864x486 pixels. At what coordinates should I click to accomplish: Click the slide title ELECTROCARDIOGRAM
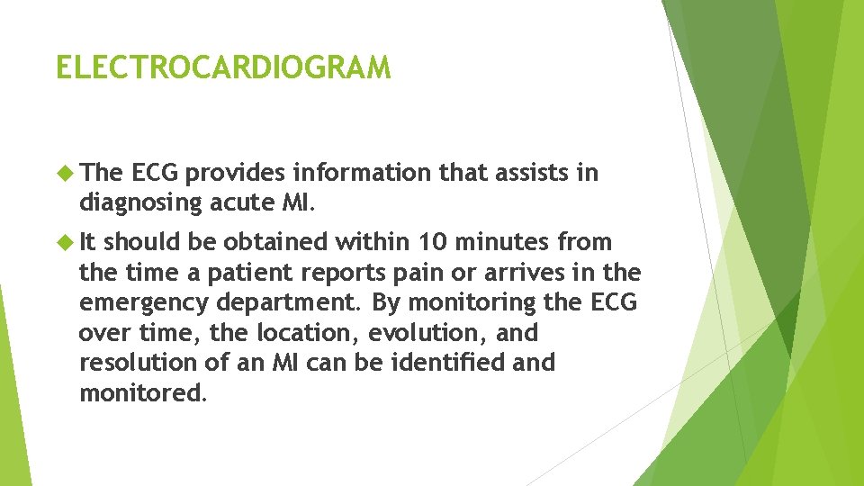pyautogui.click(x=223, y=67)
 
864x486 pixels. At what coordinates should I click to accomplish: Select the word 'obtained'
pyautogui.click(x=274, y=242)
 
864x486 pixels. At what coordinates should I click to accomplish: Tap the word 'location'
pyautogui.click(x=298, y=333)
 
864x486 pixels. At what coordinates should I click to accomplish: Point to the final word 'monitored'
pyautogui.click(x=141, y=393)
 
